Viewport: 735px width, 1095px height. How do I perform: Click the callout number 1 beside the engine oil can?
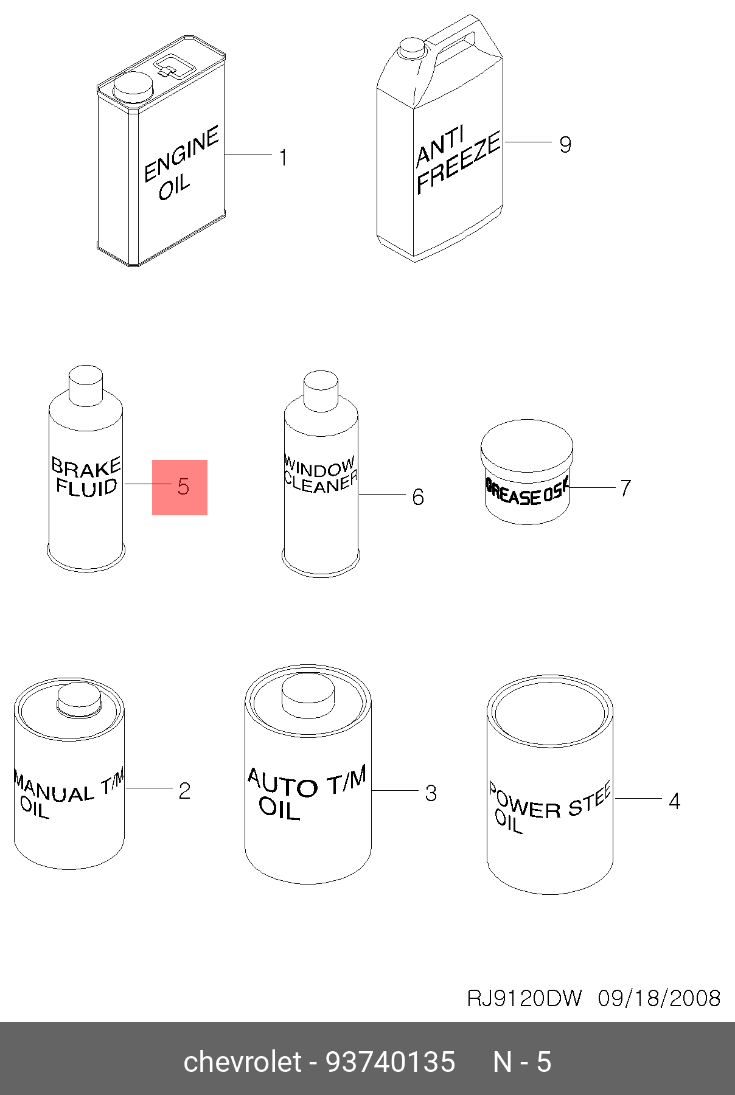click(283, 158)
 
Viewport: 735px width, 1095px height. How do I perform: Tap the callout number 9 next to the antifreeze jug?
click(565, 145)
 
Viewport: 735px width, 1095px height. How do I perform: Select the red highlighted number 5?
click(183, 487)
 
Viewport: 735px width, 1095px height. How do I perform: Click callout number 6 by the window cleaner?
click(418, 497)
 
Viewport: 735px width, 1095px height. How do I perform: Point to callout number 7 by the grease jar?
click(625, 488)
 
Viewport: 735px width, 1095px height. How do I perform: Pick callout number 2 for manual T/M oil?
click(184, 790)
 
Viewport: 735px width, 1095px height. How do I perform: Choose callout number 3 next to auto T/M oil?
click(431, 793)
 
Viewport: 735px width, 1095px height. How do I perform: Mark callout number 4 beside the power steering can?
click(674, 801)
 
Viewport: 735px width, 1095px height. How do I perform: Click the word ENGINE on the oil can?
click(181, 154)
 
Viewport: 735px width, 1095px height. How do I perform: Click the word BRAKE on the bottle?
click(86, 467)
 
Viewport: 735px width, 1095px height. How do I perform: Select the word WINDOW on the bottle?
click(319, 467)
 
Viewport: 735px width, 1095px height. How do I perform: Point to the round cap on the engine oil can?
click(133, 87)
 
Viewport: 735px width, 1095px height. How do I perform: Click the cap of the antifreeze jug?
click(411, 47)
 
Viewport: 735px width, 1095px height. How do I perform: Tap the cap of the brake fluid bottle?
click(86, 384)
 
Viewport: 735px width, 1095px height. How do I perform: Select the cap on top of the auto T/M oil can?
click(308, 696)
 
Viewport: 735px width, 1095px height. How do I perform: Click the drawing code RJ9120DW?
click(524, 998)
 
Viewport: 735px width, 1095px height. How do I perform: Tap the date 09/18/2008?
click(659, 998)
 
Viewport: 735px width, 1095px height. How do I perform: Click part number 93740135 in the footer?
click(391, 1062)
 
